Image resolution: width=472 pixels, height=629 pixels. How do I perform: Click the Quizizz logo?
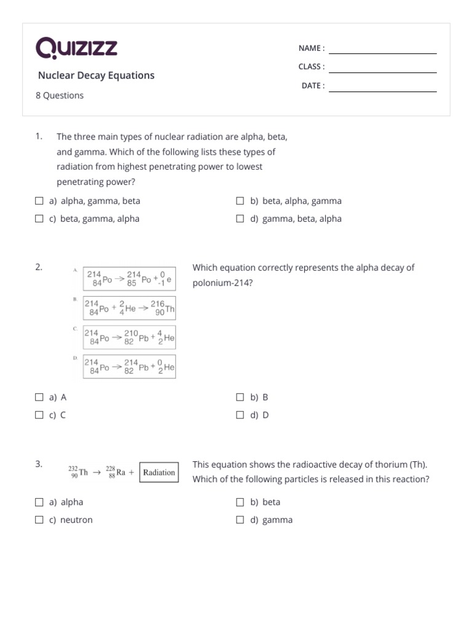(76, 48)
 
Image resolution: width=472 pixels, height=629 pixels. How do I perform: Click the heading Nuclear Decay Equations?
(96, 76)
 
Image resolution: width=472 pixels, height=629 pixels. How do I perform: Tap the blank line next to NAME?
(382, 49)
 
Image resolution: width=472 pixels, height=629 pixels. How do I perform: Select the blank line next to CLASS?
(382, 68)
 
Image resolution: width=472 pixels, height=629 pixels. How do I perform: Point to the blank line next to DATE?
(382, 87)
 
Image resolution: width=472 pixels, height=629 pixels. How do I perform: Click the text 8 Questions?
(60, 96)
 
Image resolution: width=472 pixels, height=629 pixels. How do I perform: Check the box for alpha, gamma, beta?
(39, 201)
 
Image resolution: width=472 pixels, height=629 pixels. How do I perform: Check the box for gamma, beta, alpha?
(240, 219)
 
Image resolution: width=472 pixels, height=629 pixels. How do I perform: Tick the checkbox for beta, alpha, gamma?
(240, 201)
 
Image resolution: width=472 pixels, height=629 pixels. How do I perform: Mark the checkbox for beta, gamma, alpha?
(39, 219)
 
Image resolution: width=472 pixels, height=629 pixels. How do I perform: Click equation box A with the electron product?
(130, 279)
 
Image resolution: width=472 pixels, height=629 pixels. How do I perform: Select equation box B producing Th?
(130, 308)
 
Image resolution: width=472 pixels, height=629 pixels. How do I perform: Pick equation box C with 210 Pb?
(130, 337)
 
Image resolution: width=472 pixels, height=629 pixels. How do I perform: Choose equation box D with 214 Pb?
(130, 367)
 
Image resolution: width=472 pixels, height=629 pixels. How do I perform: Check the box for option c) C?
(39, 415)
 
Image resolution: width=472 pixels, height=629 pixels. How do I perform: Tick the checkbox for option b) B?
(240, 397)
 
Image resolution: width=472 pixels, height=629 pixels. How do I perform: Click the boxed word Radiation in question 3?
(159, 473)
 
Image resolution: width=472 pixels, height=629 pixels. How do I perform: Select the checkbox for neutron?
(39, 520)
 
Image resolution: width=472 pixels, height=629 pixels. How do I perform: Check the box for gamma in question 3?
(240, 520)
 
